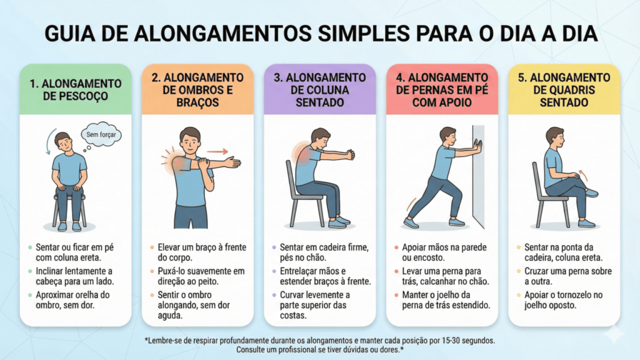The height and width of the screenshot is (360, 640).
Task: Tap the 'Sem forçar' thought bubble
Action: [101, 134]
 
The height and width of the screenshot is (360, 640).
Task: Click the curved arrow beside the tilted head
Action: [49, 141]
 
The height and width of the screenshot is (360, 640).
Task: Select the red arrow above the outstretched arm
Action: [217, 152]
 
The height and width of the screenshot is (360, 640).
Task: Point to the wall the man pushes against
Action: [478, 176]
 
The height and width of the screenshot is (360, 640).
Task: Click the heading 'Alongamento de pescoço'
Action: [76, 90]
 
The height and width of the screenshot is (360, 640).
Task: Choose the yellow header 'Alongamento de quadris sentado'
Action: [564, 90]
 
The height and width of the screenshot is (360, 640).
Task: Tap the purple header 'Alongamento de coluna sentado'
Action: [319, 90]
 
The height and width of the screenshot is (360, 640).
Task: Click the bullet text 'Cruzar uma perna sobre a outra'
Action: [567, 276]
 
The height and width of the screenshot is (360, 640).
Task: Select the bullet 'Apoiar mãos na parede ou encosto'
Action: [444, 252]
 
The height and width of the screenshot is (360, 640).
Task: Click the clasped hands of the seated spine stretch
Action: [351, 155]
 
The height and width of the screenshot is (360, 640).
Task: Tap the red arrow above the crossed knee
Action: [584, 176]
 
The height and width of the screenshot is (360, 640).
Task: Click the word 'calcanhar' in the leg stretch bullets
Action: [452, 281]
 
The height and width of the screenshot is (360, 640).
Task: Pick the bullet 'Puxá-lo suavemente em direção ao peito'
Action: [201, 276]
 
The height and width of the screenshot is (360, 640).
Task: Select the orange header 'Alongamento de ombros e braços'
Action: [197, 90]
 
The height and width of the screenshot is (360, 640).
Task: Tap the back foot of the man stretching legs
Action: [411, 223]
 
